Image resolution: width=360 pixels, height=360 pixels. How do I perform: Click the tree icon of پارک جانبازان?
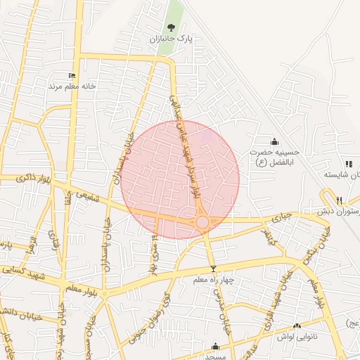(x=171, y=29)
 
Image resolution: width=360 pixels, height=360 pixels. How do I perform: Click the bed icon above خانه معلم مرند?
(x=71, y=75)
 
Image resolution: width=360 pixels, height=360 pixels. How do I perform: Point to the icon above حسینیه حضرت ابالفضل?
(x=274, y=141)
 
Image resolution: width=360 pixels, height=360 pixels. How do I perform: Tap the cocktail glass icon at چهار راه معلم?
(x=213, y=269)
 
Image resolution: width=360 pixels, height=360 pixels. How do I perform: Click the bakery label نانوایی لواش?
(x=315, y=336)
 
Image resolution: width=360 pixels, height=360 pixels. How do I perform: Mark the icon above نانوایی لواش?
(x=297, y=326)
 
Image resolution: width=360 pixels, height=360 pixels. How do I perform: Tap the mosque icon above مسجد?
(x=215, y=346)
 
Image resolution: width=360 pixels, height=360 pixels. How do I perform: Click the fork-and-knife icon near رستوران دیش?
(x=339, y=200)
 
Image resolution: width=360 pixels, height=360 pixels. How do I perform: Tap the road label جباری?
(x=281, y=213)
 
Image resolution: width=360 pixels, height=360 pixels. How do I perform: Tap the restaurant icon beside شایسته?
(x=349, y=164)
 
